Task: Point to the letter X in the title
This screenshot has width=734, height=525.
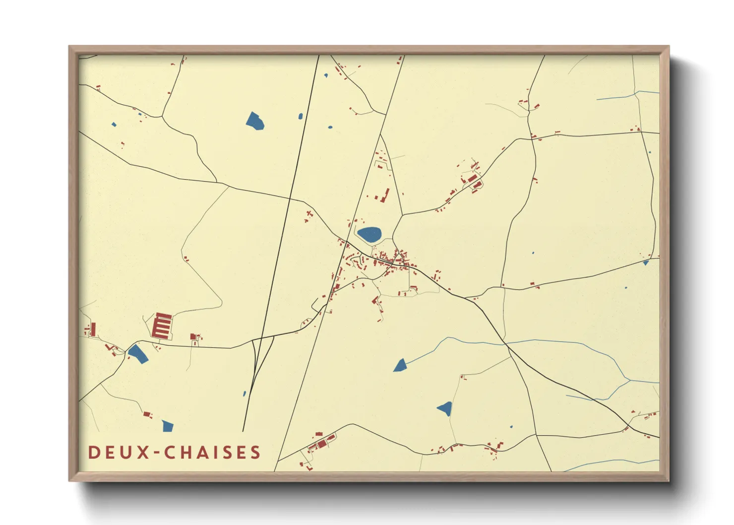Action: tap(144, 453)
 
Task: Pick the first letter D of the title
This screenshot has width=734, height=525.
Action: tap(93, 453)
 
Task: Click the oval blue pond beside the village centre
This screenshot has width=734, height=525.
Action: tap(369, 234)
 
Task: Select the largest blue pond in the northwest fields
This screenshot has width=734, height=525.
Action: tap(255, 121)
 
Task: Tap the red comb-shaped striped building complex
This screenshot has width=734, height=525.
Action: tap(162, 326)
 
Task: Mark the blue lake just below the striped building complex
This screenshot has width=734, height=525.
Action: tap(137, 354)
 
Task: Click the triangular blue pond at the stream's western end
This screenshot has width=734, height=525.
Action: tap(400, 366)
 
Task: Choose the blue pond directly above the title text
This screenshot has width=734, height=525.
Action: tap(168, 426)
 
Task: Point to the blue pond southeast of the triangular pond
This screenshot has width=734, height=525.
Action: tap(445, 408)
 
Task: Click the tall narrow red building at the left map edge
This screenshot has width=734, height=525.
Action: tap(93, 329)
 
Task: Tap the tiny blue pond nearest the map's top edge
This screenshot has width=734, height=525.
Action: tap(326, 75)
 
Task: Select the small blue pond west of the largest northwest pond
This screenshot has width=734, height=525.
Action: tap(114, 125)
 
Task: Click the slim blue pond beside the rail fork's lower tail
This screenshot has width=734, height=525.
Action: tap(245, 394)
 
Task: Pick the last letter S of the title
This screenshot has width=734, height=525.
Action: tap(255, 453)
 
